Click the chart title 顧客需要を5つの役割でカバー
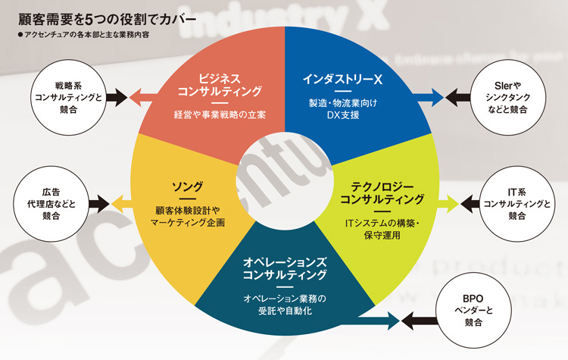pos(107,19)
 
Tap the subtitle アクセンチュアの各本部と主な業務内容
pos(83,35)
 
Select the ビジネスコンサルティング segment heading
pos(220,85)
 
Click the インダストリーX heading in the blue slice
pos(342,79)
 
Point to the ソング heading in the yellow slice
pos(187,186)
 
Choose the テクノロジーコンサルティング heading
pos(382,193)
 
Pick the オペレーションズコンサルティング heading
pos(285,268)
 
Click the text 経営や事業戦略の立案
pos(220,114)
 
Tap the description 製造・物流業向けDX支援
pos(342,109)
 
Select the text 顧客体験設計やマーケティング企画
pos(187,217)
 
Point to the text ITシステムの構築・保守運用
pos(382,229)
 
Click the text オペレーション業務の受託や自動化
pos(285,305)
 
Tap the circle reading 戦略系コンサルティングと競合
pos(68,97)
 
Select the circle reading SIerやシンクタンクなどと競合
pos(508,97)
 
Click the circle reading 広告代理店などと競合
pos(51,204)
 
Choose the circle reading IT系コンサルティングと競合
pos(517,204)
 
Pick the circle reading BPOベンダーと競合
pos(473,310)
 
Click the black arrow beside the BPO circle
pos(419,321)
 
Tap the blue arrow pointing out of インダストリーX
pos(430,97)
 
